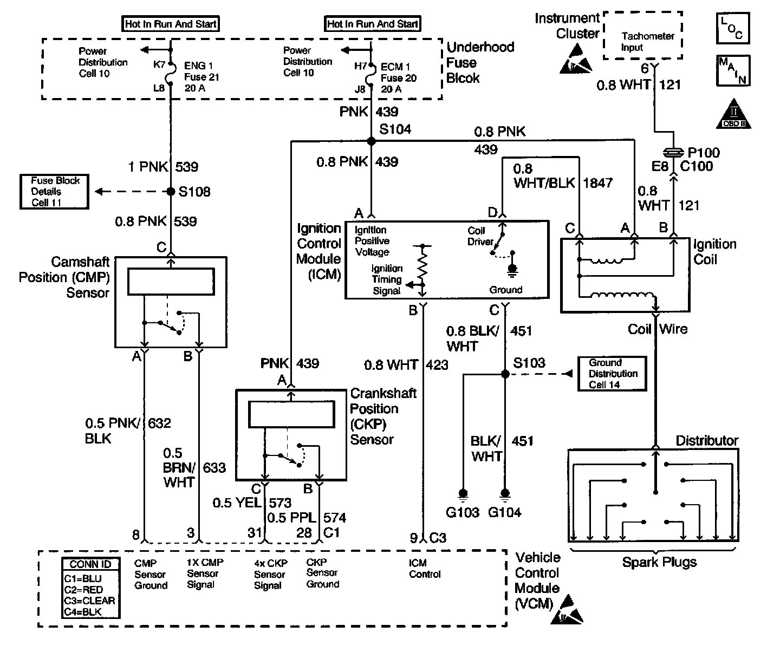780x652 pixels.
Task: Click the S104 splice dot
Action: coord(371,141)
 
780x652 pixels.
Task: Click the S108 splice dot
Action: coord(171,192)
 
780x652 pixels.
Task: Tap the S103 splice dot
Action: coord(505,374)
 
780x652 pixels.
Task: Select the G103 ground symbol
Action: coord(463,493)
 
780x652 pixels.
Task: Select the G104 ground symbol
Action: coord(505,493)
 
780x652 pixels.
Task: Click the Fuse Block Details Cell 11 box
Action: coord(54,192)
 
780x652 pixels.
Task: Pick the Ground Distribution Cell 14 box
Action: coord(613,374)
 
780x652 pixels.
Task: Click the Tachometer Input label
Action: coord(647,42)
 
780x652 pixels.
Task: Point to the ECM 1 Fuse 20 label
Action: coord(398,77)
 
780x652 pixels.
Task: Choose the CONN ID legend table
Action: coord(90,588)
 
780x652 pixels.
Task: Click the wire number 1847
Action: coord(597,183)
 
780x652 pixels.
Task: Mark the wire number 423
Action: coord(437,365)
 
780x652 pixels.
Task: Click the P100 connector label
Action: coord(704,153)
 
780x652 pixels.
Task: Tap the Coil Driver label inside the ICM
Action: coord(480,237)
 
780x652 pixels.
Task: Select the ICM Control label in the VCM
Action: coord(425,569)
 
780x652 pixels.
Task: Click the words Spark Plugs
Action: coord(659,562)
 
